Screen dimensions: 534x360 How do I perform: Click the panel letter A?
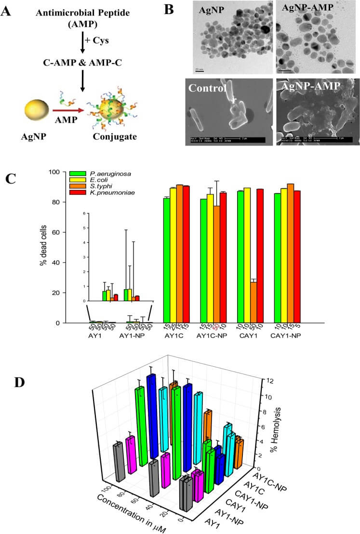click(x=7, y=10)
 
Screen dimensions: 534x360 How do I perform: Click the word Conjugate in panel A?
click(x=114, y=136)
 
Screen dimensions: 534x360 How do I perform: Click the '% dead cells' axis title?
click(x=42, y=247)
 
